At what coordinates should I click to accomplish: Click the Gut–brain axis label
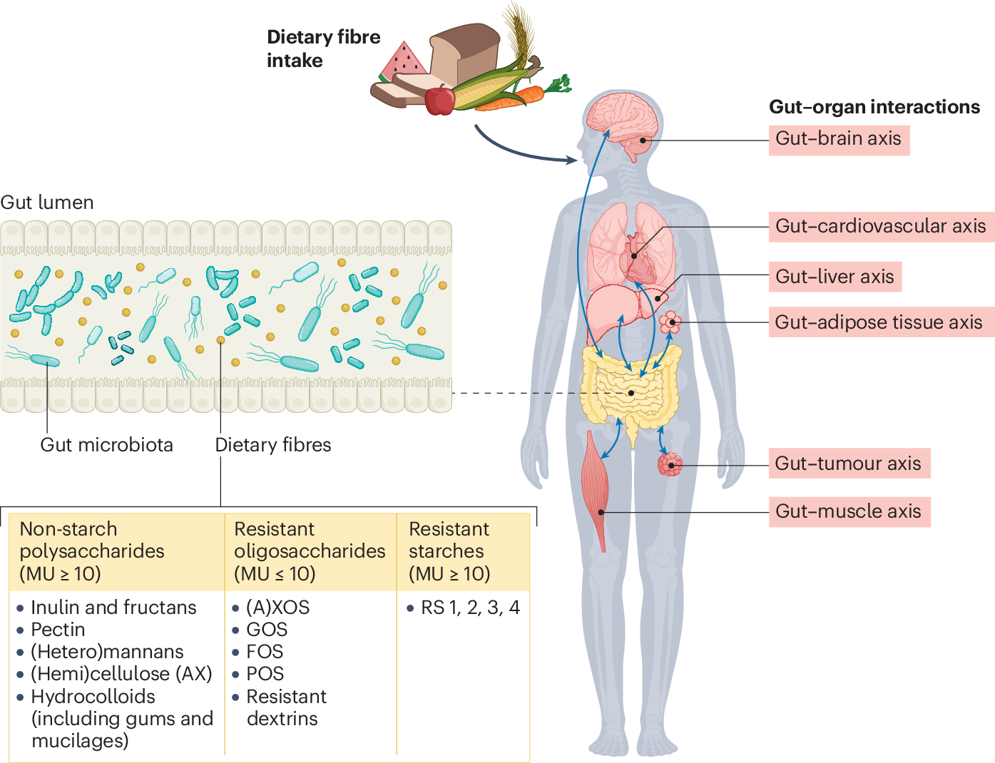pyautogui.click(x=838, y=139)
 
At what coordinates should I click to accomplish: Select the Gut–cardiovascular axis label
pyautogui.click(x=880, y=227)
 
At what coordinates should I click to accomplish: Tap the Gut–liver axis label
pyautogui.click(x=835, y=277)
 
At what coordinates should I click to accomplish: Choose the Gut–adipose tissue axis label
pyautogui.click(x=879, y=322)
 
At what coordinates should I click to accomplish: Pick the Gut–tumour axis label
pyautogui.click(x=848, y=464)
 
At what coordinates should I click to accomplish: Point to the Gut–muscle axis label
pyautogui.click(x=848, y=511)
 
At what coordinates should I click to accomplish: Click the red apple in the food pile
pyautogui.click(x=440, y=100)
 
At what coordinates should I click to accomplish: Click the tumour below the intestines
pyautogui.click(x=670, y=464)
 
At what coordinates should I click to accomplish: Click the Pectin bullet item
pyautogui.click(x=58, y=630)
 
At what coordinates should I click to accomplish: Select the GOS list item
pyautogui.click(x=267, y=630)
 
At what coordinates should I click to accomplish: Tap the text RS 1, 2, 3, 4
pyautogui.click(x=470, y=608)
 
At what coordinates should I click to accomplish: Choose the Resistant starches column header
pyautogui.click(x=449, y=551)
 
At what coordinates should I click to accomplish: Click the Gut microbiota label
pyautogui.click(x=106, y=445)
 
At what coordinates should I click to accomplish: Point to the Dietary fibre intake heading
pyautogui.click(x=323, y=48)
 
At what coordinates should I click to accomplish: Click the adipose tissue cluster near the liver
pyautogui.click(x=670, y=323)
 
